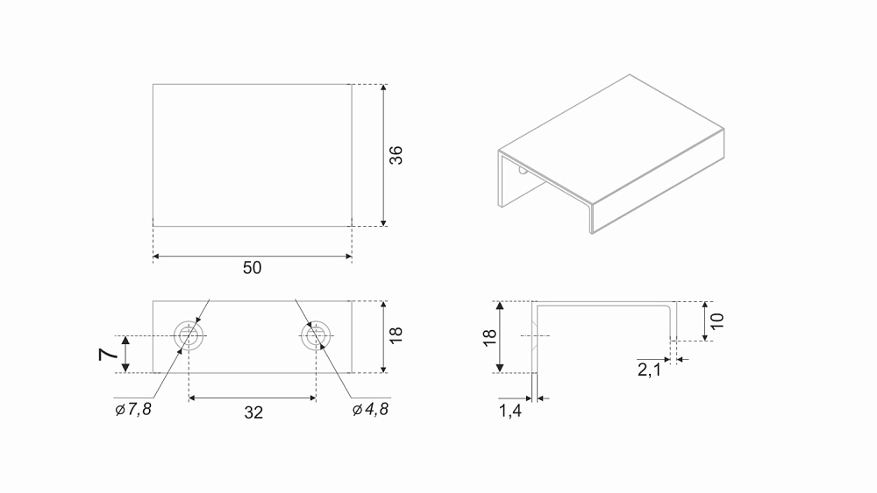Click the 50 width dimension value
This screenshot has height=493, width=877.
pos(253,268)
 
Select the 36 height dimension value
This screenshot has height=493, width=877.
pos(396,155)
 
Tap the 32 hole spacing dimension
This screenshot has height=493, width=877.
pos(253,412)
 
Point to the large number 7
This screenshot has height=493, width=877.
pos(109,354)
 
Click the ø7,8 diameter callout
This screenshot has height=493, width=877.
pos(133,409)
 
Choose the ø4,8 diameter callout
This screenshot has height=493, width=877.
pos(370,409)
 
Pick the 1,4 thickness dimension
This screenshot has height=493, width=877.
pos(510,411)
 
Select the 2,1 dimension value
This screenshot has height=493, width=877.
pos(649,370)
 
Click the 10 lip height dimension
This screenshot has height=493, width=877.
pos(717,321)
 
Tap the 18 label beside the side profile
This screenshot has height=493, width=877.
pos(489,338)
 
